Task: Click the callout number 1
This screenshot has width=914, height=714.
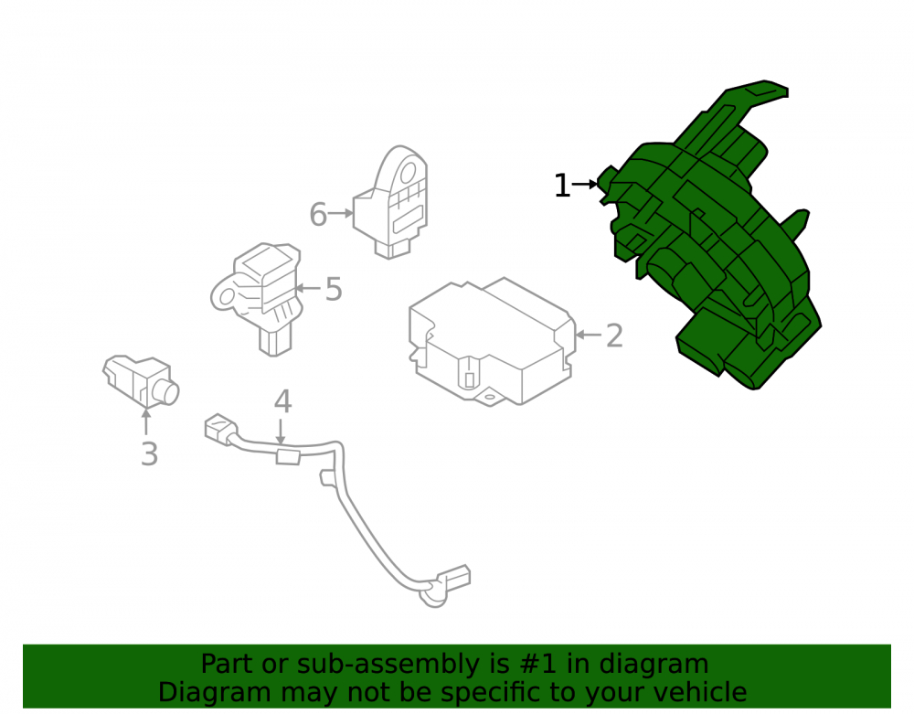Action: [562, 186]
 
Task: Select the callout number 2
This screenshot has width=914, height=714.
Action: [614, 336]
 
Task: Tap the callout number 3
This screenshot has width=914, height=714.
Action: [149, 454]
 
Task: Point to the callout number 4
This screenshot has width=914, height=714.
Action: [282, 401]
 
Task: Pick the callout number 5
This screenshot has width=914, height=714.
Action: [334, 289]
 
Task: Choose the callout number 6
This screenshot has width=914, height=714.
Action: [318, 215]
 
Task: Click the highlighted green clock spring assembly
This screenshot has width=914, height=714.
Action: [710, 239]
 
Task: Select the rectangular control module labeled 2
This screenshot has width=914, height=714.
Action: [493, 341]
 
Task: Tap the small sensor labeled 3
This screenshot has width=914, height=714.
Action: [141, 380]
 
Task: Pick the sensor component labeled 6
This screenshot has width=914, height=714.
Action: [390, 203]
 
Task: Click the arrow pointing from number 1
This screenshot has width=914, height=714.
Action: [585, 184]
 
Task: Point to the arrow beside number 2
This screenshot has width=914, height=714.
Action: [589, 335]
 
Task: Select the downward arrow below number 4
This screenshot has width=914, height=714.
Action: [281, 432]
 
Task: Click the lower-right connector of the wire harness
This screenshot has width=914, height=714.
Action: [453, 578]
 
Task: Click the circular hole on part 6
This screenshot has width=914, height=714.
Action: [407, 173]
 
